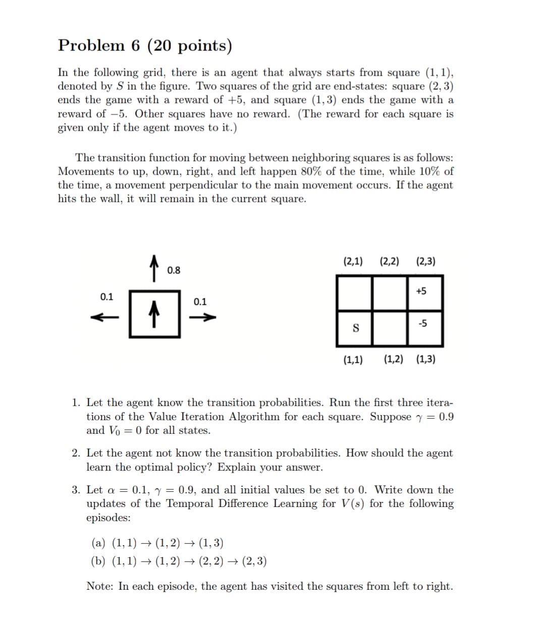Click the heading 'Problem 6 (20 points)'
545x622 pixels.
click(145, 46)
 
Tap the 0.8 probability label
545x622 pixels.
click(174, 270)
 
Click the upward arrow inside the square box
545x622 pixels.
click(155, 314)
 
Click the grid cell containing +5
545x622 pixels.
click(425, 293)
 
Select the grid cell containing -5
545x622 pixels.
click(425, 328)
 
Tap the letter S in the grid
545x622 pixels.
click(355, 328)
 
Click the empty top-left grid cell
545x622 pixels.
click(355, 293)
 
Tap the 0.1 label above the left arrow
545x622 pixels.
click(106, 297)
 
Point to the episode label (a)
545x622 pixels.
click(98, 543)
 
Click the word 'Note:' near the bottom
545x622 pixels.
click(100, 586)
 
